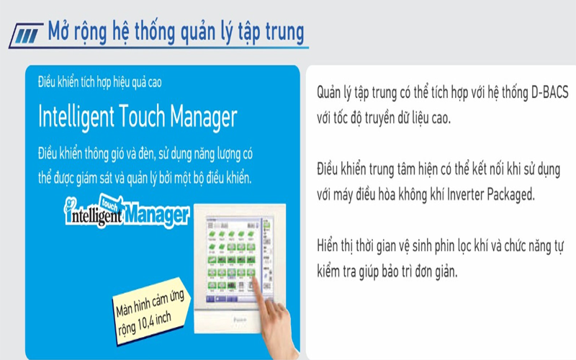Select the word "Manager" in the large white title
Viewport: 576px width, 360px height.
pyautogui.click(x=198, y=116)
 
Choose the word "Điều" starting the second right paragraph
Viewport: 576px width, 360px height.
pyautogui.click(x=330, y=170)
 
